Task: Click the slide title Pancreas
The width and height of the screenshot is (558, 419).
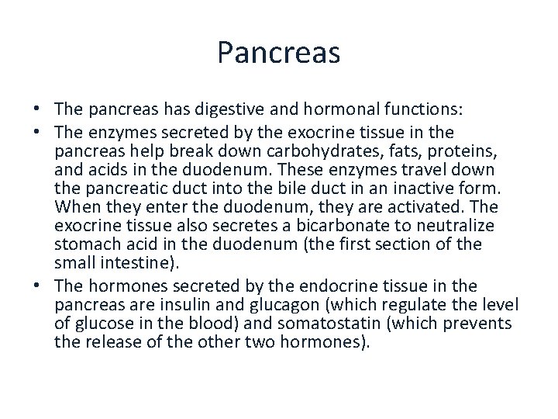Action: click(x=279, y=53)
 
